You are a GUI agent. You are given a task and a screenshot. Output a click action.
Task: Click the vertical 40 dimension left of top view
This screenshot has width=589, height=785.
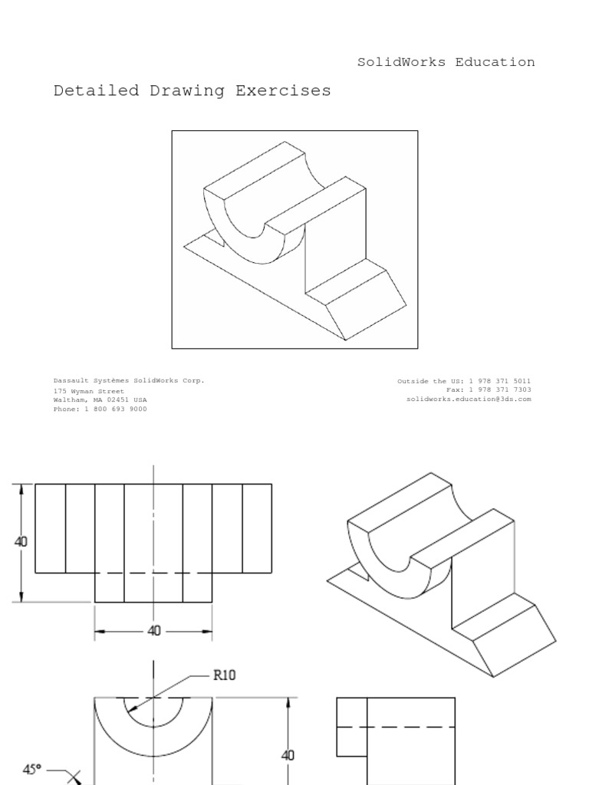[21, 541]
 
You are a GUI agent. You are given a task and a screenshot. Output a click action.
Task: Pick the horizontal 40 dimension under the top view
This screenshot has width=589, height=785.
[154, 631]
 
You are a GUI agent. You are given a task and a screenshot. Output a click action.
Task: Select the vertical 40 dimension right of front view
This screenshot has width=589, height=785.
[288, 755]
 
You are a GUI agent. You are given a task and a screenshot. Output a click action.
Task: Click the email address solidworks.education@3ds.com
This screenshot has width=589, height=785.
[469, 399]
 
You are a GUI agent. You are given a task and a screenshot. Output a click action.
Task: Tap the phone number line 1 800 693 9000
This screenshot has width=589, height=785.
[100, 409]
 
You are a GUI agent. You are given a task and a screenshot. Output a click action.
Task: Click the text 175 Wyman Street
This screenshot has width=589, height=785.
[88, 391]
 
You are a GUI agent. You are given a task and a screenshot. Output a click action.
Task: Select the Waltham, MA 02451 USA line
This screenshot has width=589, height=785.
[100, 399]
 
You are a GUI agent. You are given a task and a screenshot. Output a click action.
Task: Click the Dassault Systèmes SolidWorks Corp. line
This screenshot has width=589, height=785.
[129, 380]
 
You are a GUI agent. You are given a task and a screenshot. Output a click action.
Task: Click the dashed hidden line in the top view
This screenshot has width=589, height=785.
[153, 573]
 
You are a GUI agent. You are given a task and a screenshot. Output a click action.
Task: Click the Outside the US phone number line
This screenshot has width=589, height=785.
[464, 381]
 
